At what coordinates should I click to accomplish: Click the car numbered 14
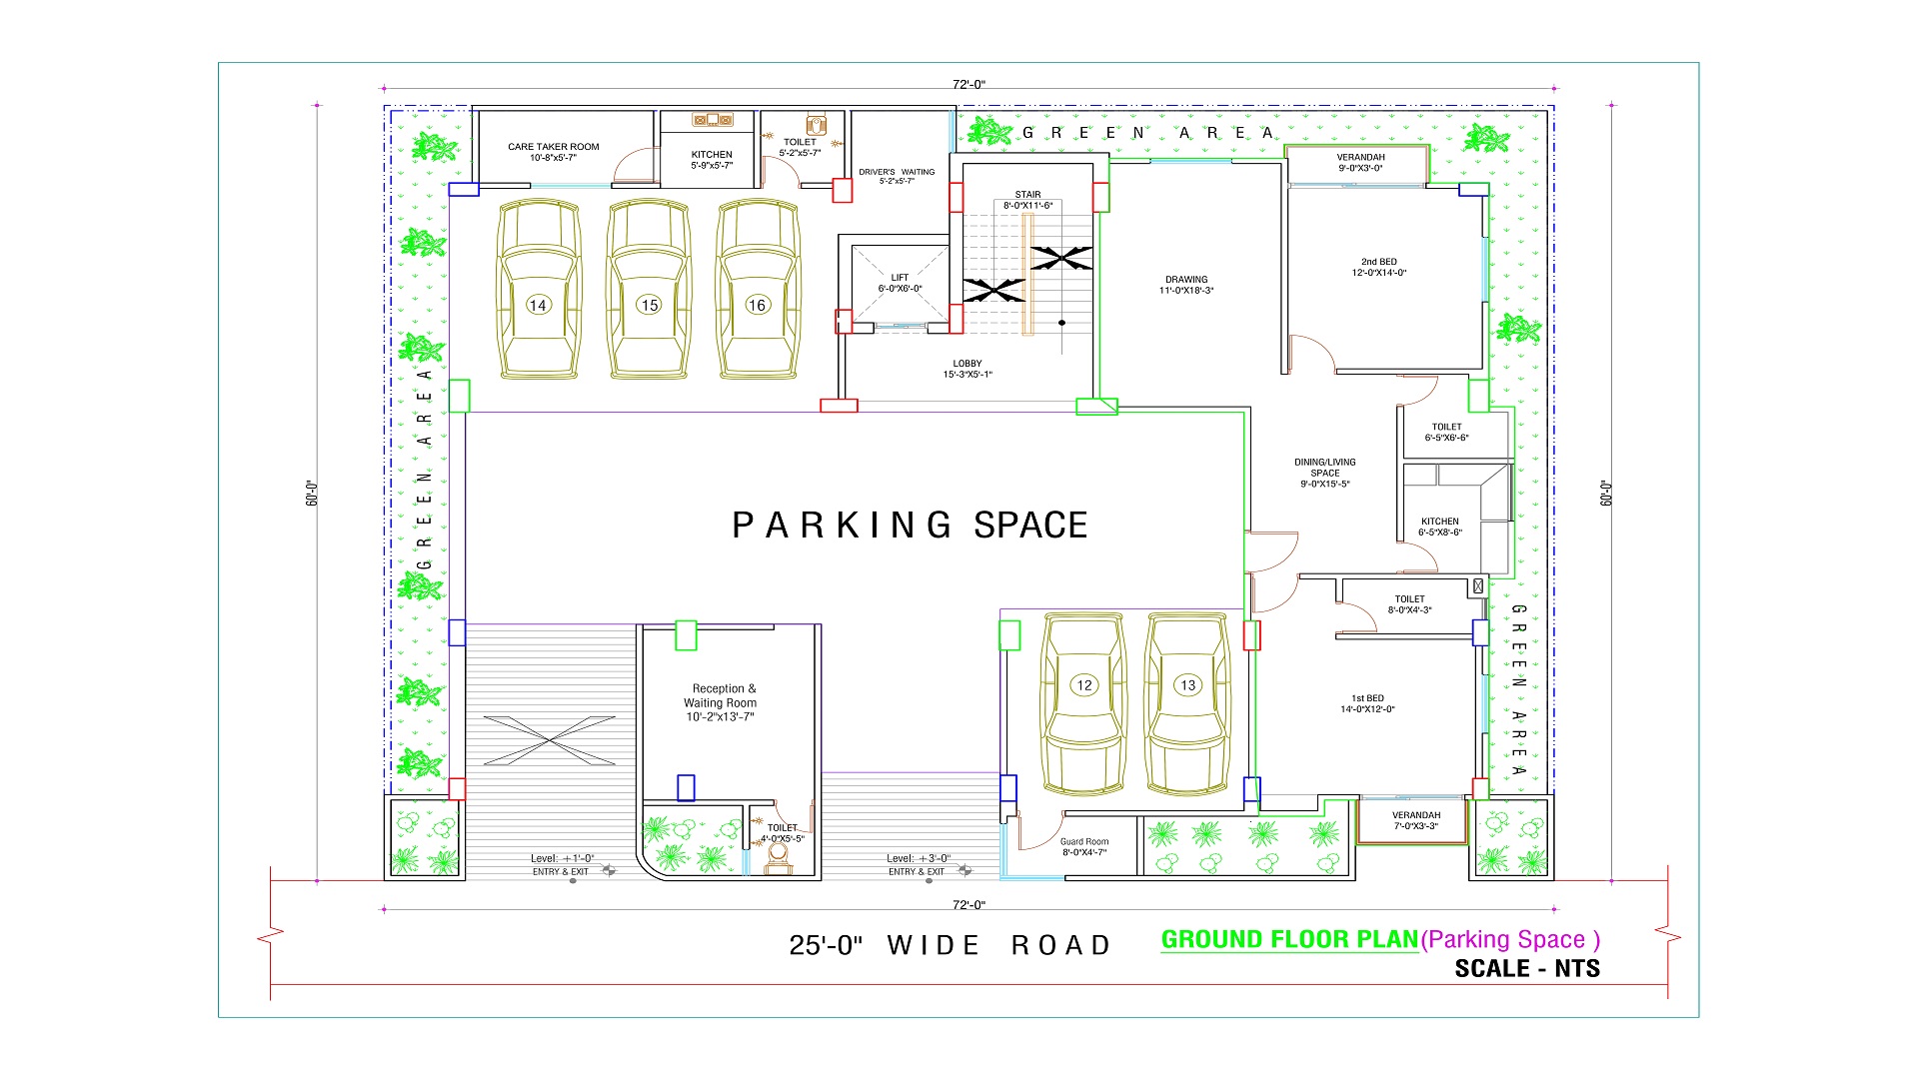(539, 290)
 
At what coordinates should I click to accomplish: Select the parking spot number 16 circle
(758, 305)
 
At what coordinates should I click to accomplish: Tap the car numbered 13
(1187, 704)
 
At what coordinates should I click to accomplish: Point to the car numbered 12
(1084, 704)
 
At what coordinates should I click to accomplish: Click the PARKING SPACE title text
(910, 526)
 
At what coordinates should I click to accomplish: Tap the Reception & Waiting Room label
(720, 702)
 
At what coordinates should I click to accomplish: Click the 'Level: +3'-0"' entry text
(919, 858)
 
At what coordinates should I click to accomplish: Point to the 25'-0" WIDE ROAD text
(950, 945)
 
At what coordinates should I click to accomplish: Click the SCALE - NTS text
(1527, 968)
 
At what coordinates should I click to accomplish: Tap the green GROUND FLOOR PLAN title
(1289, 939)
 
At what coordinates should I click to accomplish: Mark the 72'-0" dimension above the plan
(968, 85)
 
